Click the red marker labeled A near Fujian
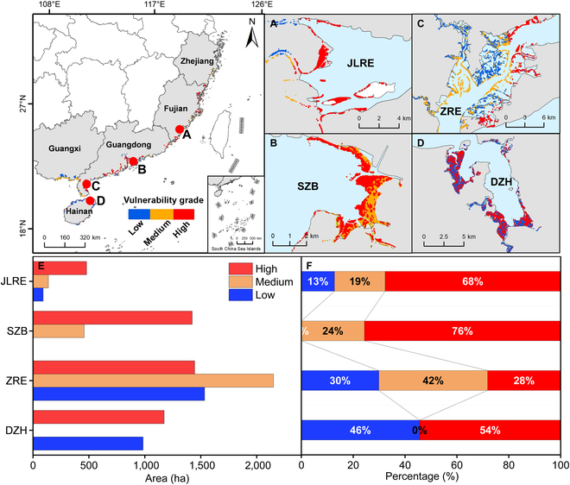(x=179, y=130)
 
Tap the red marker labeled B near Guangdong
(x=133, y=161)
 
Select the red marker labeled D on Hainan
(x=90, y=200)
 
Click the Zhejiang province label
(x=199, y=61)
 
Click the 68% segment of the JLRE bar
(x=472, y=281)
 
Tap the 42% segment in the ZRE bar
(x=433, y=381)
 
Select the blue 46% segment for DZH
(x=359, y=430)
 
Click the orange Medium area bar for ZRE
(x=153, y=381)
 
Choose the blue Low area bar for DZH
(x=88, y=443)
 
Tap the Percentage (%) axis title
(x=430, y=476)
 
